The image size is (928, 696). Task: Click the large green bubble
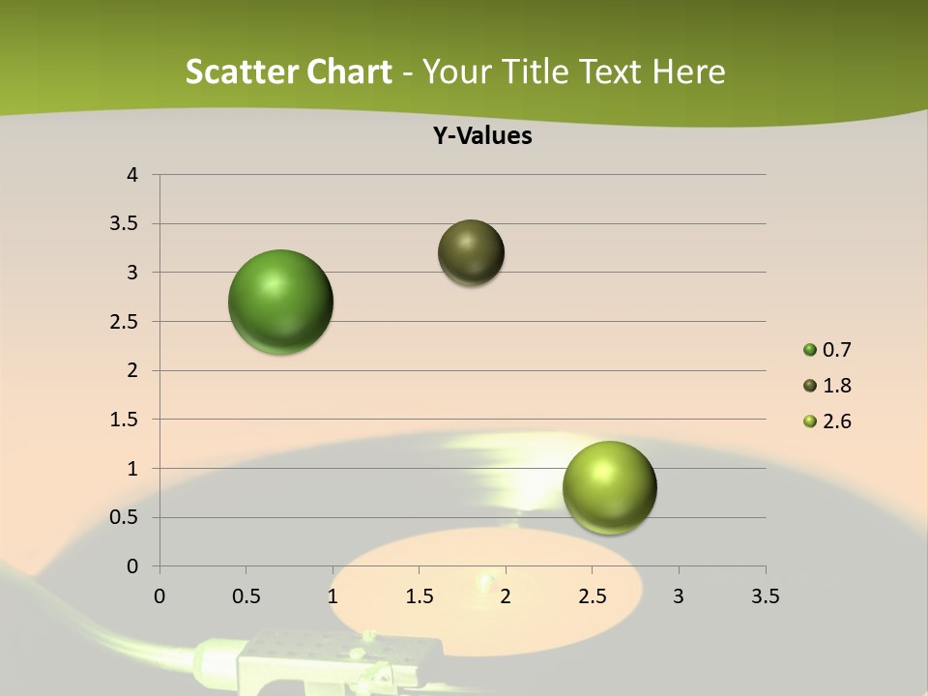(x=281, y=302)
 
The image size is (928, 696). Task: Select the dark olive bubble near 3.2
(x=471, y=252)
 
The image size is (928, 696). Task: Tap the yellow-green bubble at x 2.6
(x=609, y=487)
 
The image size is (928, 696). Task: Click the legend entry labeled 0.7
(x=836, y=350)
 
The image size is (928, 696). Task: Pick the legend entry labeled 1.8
(x=836, y=386)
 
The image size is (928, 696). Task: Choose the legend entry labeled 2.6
(x=836, y=421)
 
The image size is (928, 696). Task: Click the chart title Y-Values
(x=481, y=136)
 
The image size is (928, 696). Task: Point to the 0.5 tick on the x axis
(x=246, y=596)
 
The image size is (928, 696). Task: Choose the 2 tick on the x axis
(x=506, y=596)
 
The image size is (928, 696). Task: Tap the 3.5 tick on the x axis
(x=765, y=596)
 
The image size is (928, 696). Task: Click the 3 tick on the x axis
(x=679, y=596)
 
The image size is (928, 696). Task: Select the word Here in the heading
(x=688, y=72)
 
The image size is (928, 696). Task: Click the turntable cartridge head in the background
(x=290, y=657)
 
